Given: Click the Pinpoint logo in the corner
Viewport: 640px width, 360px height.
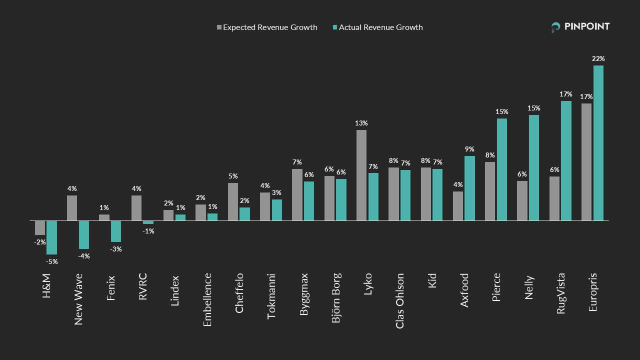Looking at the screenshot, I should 580,27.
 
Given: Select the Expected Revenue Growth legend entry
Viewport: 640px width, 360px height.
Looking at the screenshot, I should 267,27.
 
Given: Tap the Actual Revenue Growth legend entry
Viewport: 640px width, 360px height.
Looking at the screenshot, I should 377,27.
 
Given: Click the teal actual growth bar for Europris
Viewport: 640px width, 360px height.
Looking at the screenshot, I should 598,143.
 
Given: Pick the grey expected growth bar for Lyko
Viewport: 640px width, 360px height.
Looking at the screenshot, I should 361,175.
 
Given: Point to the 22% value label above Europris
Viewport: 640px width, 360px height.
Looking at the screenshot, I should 598,58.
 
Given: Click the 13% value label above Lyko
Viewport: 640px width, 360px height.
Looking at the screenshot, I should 361,123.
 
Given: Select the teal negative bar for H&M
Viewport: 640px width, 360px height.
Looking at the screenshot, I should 51,237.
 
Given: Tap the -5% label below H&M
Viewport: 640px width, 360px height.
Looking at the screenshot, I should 52,261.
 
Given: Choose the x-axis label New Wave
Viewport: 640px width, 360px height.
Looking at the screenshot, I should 78,299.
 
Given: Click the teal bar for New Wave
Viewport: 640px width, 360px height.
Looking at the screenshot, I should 84,234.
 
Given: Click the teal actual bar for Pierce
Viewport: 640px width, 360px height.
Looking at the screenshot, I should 502,169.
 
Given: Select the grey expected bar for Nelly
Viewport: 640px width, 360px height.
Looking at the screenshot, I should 522,200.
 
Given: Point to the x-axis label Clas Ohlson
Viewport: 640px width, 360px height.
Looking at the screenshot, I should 400,300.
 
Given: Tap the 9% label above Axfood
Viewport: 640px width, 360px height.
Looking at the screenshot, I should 469,149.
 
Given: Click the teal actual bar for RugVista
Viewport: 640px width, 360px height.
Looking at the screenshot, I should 566,160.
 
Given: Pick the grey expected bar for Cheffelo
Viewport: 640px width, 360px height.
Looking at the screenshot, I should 233,201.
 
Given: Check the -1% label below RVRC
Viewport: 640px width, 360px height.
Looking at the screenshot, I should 148,231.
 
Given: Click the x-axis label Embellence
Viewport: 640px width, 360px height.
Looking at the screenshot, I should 207,299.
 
